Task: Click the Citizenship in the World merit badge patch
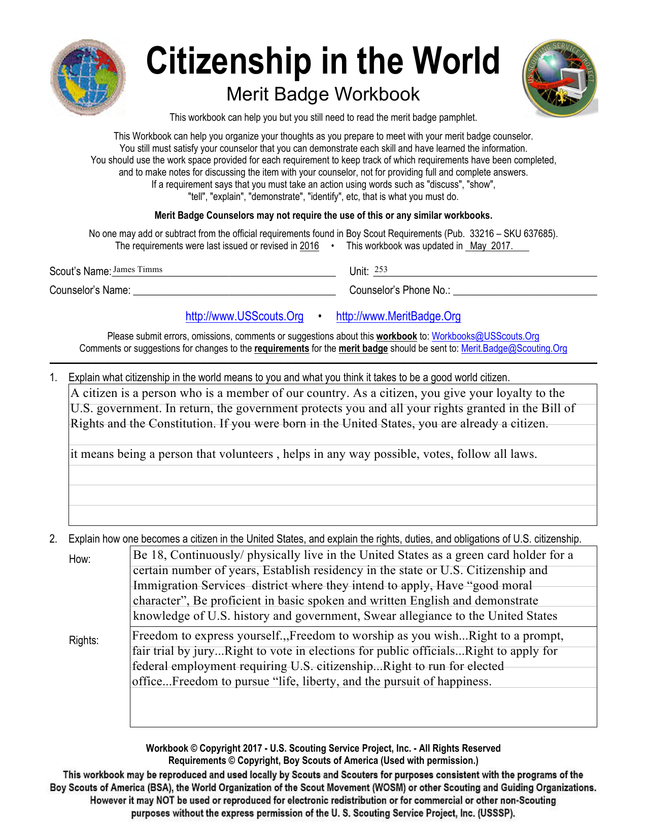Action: point(88,77)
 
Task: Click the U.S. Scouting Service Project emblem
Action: point(560,78)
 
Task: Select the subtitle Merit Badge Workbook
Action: point(323,94)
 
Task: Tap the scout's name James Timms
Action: point(138,270)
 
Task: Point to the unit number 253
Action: point(381,270)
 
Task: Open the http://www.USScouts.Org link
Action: point(244,317)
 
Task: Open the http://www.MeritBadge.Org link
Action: point(398,317)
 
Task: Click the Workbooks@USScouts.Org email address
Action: point(485,337)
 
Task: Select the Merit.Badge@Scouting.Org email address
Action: point(514,349)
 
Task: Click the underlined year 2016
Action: point(309,246)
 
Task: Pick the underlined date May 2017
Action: point(491,246)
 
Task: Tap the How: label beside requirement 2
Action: point(80,559)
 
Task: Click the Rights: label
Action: point(84,641)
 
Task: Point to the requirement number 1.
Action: point(53,378)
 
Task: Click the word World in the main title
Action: point(456,61)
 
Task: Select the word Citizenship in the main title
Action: point(228,61)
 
